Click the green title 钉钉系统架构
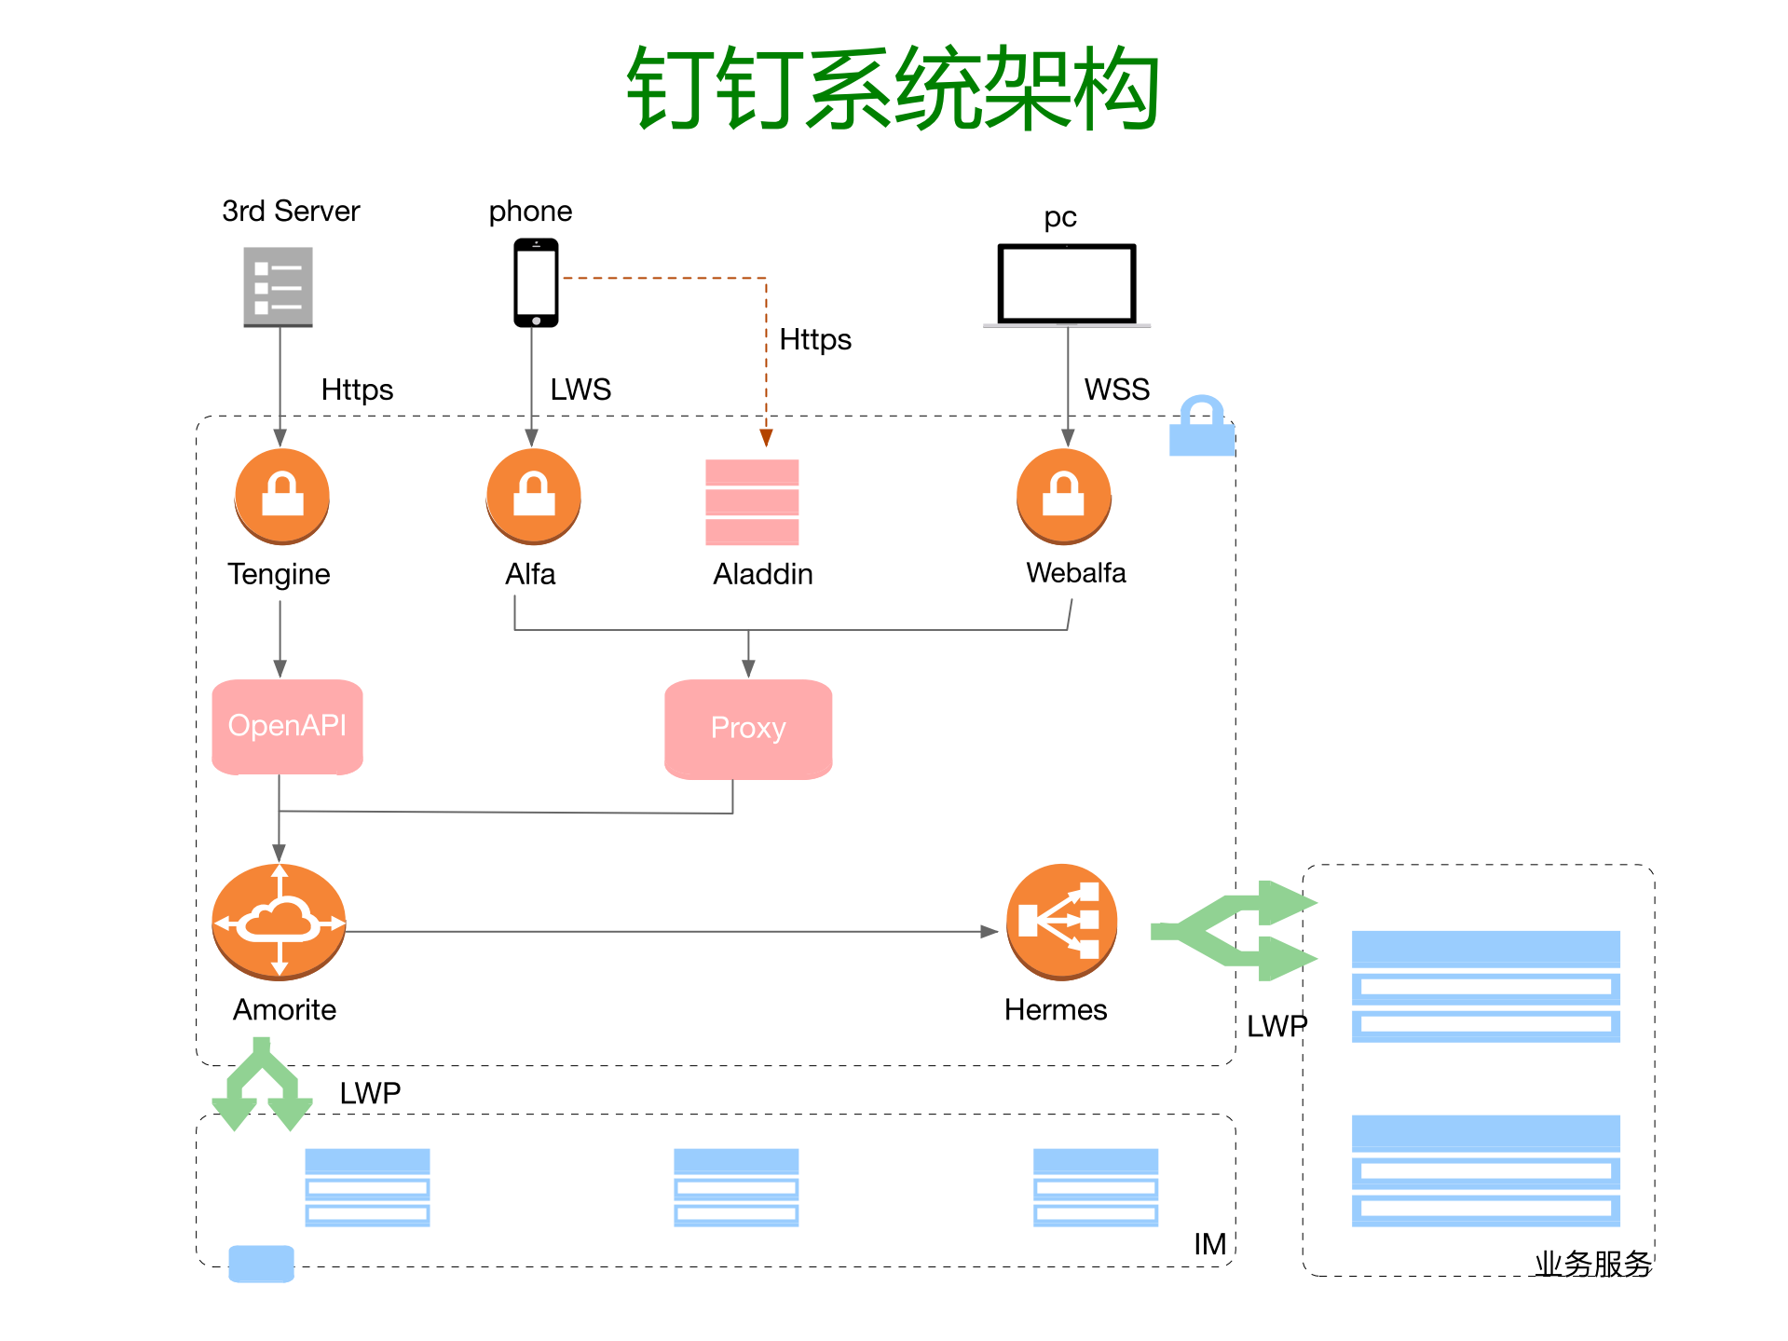click(893, 89)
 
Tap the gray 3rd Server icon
click(278, 287)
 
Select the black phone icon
click(536, 282)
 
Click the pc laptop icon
click(1067, 285)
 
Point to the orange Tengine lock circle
click(282, 496)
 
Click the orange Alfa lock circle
click(533, 496)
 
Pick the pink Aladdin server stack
click(752, 502)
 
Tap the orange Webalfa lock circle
click(1063, 496)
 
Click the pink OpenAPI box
click(287, 726)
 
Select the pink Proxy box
click(748, 729)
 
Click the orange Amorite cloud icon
click(279, 923)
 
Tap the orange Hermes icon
click(1061, 922)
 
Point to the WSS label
click(1116, 389)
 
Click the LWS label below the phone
click(580, 389)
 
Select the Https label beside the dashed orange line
click(814, 339)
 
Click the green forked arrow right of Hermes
click(1235, 930)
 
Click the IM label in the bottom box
click(1209, 1244)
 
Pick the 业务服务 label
click(1592, 1264)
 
